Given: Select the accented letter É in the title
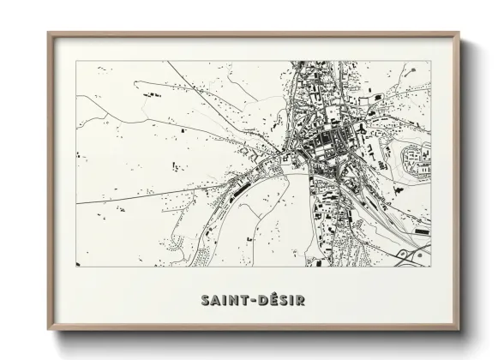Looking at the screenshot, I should (x=269, y=301).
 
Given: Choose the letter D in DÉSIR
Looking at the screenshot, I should (x=261, y=301).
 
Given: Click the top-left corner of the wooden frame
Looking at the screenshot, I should (x=48, y=33).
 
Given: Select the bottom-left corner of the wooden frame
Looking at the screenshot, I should (x=48, y=328).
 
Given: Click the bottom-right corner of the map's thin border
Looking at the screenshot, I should (x=430, y=267).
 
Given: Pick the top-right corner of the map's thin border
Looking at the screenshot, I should (x=430, y=61).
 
